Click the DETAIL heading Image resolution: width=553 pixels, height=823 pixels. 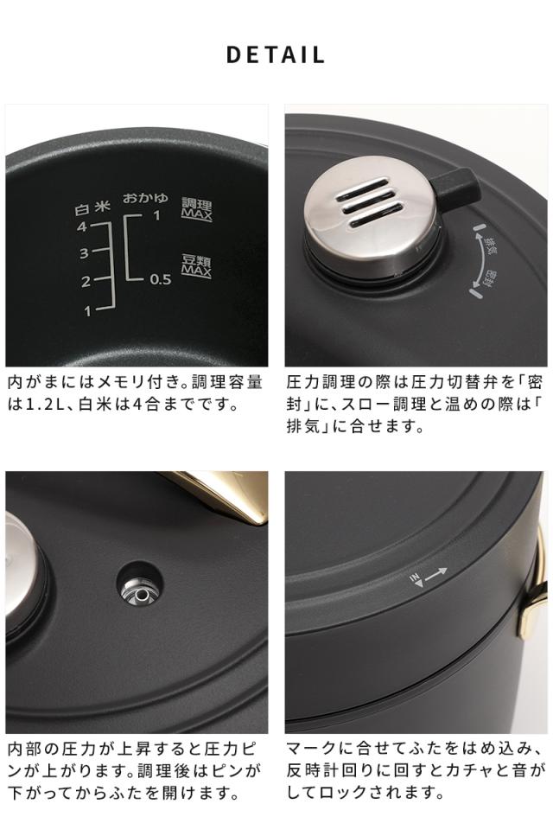click(x=276, y=55)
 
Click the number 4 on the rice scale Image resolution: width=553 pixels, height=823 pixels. click(x=83, y=226)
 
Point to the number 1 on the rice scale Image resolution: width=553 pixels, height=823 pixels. click(x=86, y=310)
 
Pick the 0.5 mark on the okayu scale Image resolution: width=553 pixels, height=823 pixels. click(x=160, y=279)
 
